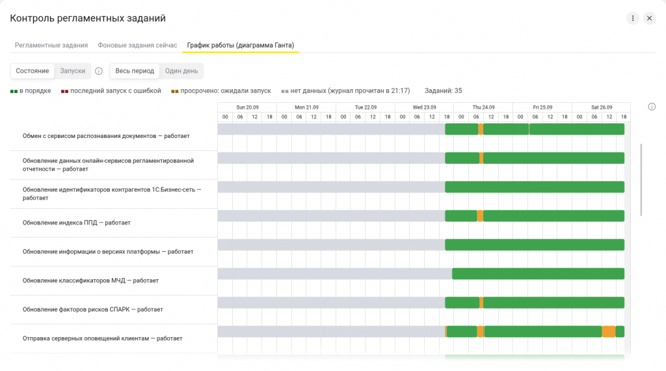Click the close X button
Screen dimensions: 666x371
(x=649, y=18)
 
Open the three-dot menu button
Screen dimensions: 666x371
(x=632, y=18)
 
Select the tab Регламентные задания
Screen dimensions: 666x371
(x=51, y=45)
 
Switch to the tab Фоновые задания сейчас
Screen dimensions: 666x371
(x=137, y=45)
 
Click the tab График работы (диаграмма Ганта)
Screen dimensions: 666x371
(x=241, y=45)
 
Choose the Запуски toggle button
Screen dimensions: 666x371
(x=73, y=71)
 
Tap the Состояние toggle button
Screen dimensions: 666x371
(x=33, y=71)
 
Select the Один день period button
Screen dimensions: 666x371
(x=181, y=71)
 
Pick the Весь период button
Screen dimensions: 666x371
(x=135, y=71)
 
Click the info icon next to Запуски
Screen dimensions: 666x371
(x=99, y=71)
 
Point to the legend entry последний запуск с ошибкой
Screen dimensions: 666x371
(x=111, y=91)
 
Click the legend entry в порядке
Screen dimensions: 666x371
(x=31, y=91)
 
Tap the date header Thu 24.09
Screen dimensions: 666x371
(x=483, y=107)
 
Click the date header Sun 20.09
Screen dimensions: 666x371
(x=247, y=107)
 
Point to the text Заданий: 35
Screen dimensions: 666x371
(x=443, y=91)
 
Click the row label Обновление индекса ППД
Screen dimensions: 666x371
(x=77, y=223)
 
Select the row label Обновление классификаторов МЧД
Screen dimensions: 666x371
(x=90, y=281)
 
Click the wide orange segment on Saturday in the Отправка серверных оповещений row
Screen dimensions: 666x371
(x=609, y=331)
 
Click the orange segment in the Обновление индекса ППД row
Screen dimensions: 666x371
(x=480, y=216)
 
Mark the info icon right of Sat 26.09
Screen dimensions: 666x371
(x=652, y=107)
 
